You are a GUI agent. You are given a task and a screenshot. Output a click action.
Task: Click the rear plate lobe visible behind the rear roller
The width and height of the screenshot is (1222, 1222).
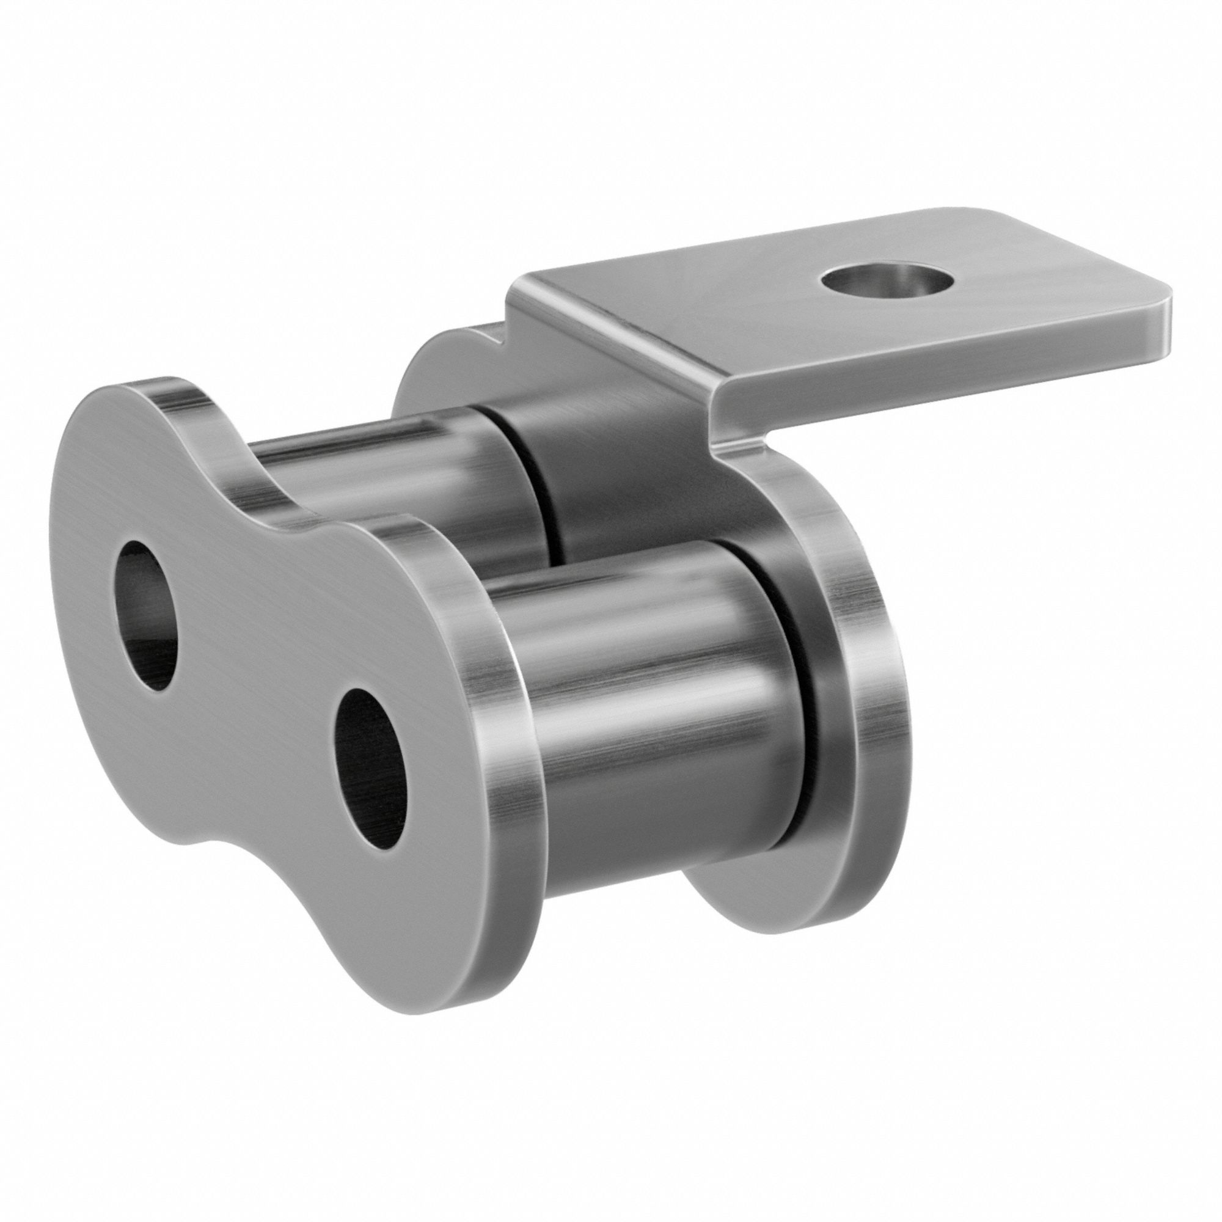pyautogui.click(x=436, y=367)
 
